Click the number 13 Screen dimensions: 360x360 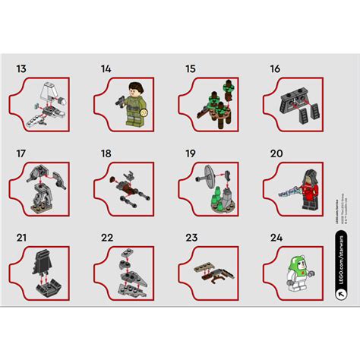[22, 69]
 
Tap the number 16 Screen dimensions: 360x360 [275, 69]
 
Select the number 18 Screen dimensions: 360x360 [106, 153]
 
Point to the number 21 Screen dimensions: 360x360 [23, 238]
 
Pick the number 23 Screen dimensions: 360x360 [191, 238]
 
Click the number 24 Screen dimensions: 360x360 [276, 238]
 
